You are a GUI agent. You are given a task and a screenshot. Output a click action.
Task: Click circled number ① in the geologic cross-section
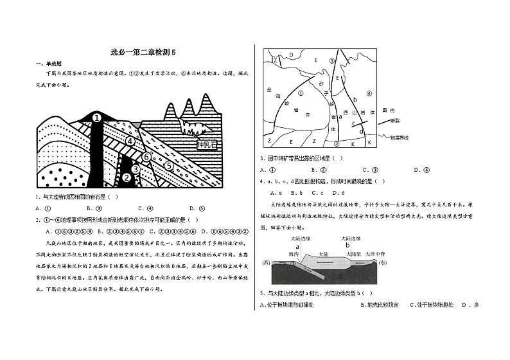[96, 118]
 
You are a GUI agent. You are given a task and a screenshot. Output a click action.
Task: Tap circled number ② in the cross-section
[127, 177]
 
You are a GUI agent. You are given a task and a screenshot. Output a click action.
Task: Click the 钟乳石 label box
[208, 143]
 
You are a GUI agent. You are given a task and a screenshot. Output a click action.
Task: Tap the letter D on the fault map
[291, 55]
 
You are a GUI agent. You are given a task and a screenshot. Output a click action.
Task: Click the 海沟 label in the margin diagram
[294, 255]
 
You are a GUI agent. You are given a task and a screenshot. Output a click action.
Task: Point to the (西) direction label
[268, 263]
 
